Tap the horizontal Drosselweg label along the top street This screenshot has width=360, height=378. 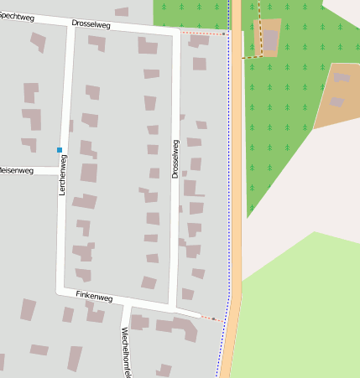point(91,24)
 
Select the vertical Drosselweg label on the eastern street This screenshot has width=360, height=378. point(175,158)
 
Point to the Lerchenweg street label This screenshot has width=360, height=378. point(62,175)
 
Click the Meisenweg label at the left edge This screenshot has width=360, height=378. point(16,170)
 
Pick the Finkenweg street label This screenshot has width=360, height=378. point(94,297)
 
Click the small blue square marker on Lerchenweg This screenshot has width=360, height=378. point(60,150)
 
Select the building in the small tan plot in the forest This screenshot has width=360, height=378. point(270,39)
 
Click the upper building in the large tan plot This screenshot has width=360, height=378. point(342,77)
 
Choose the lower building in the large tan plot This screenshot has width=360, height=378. point(337,102)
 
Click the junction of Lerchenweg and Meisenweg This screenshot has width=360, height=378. point(61,170)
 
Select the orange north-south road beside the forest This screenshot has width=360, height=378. point(237,168)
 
